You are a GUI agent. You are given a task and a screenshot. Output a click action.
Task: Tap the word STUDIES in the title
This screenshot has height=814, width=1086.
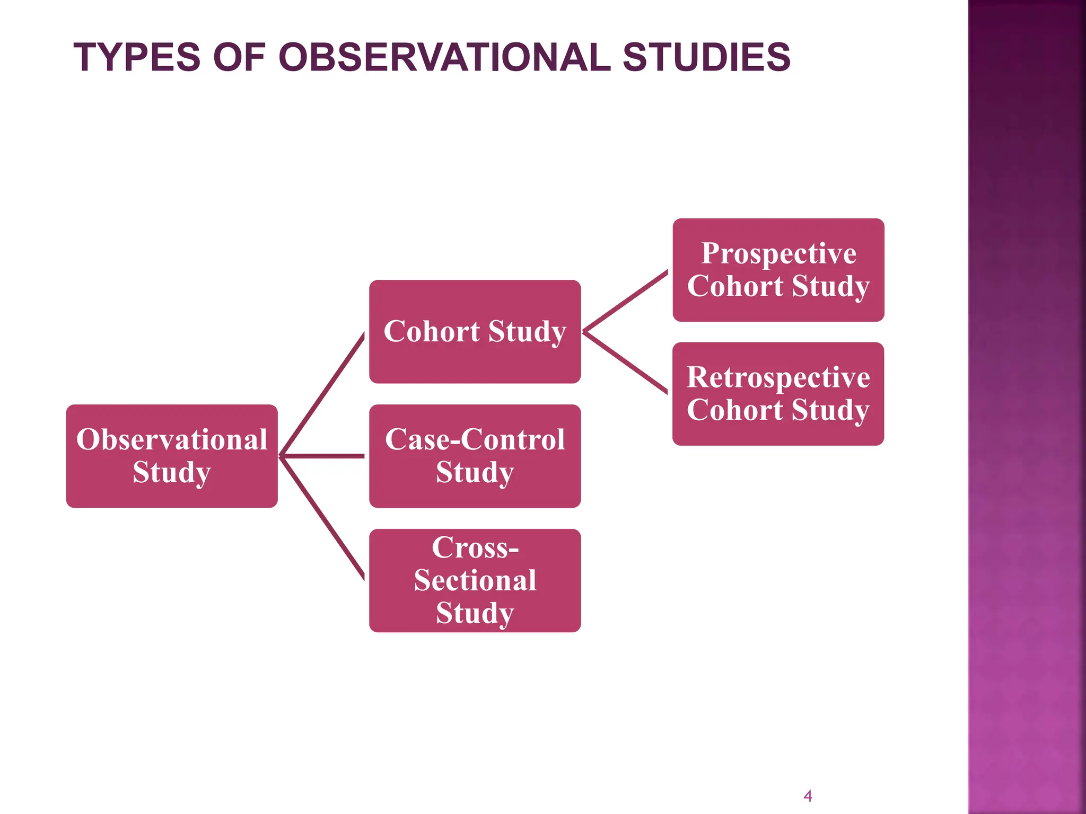click(x=706, y=57)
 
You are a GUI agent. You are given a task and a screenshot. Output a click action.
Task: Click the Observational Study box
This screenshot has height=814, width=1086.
click(x=172, y=456)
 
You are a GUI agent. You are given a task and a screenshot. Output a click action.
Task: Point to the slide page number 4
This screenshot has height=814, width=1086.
click(x=808, y=795)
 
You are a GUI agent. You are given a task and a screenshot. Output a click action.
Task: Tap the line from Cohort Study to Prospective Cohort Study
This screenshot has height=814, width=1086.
click(x=626, y=301)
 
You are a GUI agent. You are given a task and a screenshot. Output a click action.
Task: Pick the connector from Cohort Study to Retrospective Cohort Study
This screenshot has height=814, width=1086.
click(x=626, y=363)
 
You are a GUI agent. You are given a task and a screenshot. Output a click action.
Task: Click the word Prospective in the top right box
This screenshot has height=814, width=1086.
click(x=778, y=253)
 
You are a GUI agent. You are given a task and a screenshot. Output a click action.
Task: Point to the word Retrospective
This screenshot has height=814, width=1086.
click(x=778, y=377)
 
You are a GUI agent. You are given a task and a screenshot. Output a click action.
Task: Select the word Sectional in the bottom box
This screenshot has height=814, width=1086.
click(x=475, y=580)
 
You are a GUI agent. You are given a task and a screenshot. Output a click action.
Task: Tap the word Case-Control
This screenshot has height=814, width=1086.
click(x=475, y=440)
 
